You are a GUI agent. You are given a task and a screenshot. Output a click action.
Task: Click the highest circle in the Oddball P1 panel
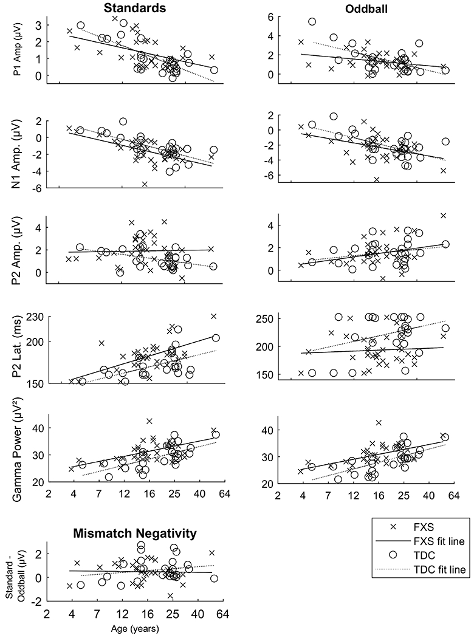[x=312, y=22]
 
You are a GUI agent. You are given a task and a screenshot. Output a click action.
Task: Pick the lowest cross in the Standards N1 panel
[x=145, y=184]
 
